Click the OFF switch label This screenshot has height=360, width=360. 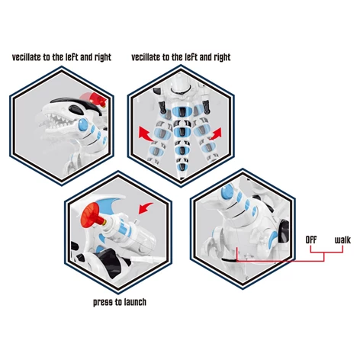(311, 239)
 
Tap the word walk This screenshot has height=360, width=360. (342, 239)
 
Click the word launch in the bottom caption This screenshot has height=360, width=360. (135, 302)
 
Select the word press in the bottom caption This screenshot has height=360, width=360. (102, 303)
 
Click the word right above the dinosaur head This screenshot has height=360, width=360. (103, 57)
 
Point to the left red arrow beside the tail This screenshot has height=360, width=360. (146, 134)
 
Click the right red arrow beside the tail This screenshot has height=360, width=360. (215, 134)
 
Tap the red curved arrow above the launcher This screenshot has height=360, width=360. (146, 208)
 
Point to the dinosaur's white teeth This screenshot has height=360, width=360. (57, 120)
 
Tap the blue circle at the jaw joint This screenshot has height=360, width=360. (83, 125)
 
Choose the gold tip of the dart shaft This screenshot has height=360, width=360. (104, 222)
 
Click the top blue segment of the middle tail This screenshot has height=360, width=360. (182, 111)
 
